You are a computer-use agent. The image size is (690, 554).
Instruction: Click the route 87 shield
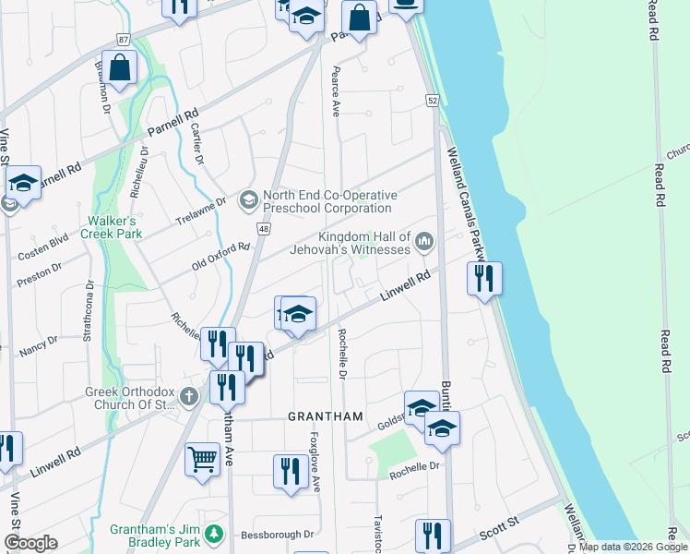tap(124, 40)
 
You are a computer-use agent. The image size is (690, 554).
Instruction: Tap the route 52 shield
tap(432, 99)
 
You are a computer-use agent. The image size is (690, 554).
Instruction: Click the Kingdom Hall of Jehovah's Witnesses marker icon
tap(424, 242)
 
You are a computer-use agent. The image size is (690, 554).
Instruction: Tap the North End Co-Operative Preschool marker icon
tap(248, 199)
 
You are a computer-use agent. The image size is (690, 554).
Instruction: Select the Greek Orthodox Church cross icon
tap(189, 397)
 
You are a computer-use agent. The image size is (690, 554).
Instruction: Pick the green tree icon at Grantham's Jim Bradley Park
tap(214, 534)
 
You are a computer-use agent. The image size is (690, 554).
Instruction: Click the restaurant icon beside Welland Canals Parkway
tap(484, 276)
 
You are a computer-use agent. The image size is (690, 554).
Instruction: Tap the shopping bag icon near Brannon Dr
tap(119, 66)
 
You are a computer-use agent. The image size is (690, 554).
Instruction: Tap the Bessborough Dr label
tap(278, 535)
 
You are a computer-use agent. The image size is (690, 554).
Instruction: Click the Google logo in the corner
tap(30, 543)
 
